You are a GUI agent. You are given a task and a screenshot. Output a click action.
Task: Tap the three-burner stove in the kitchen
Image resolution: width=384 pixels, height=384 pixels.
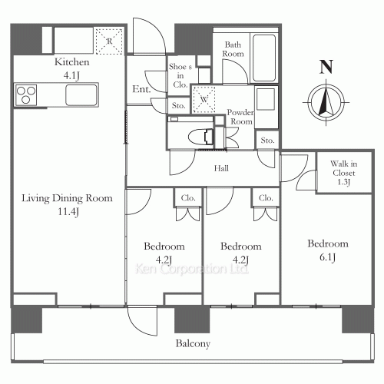(x=25, y=95)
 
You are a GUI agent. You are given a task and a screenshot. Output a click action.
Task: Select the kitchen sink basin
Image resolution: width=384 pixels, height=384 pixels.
(x=81, y=94)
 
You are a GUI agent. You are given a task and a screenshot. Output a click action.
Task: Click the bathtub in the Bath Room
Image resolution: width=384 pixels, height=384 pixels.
(x=264, y=58)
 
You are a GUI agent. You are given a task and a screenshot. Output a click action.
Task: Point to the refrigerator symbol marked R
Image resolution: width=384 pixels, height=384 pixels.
(x=110, y=41)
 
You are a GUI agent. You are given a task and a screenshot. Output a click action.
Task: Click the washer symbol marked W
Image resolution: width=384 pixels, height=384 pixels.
(x=204, y=99)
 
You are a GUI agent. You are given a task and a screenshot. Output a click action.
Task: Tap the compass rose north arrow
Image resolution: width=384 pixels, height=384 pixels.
(x=326, y=102)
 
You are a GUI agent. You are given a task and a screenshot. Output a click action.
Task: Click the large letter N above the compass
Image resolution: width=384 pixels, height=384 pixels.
(x=326, y=67)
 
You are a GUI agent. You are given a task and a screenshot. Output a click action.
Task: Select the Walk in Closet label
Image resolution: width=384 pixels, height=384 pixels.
(x=344, y=168)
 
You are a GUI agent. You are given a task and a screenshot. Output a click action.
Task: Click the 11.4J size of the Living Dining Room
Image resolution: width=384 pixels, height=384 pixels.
(x=68, y=212)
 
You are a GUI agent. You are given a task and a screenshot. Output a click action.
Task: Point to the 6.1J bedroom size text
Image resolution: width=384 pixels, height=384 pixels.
(x=327, y=257)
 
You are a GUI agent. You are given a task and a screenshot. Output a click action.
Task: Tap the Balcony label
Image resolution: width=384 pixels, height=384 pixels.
(x=193, y=343)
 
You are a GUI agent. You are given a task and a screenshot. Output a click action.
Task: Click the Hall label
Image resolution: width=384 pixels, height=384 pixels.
(x=221, y=168)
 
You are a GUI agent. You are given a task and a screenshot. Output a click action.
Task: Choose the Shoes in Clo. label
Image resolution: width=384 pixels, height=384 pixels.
(x=180, y=76)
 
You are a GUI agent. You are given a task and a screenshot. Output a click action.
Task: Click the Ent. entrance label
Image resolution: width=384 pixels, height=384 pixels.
(x=141, y=89)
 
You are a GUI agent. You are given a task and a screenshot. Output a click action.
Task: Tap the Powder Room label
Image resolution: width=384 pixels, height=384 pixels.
(x=240, y=117)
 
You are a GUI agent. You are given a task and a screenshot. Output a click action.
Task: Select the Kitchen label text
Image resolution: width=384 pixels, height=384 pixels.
(x=72, y=62)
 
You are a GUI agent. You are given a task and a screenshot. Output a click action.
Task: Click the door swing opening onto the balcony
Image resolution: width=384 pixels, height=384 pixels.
(x=142, y=321)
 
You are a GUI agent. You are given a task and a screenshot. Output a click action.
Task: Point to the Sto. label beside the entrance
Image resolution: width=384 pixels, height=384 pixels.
(x=178, y=105)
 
